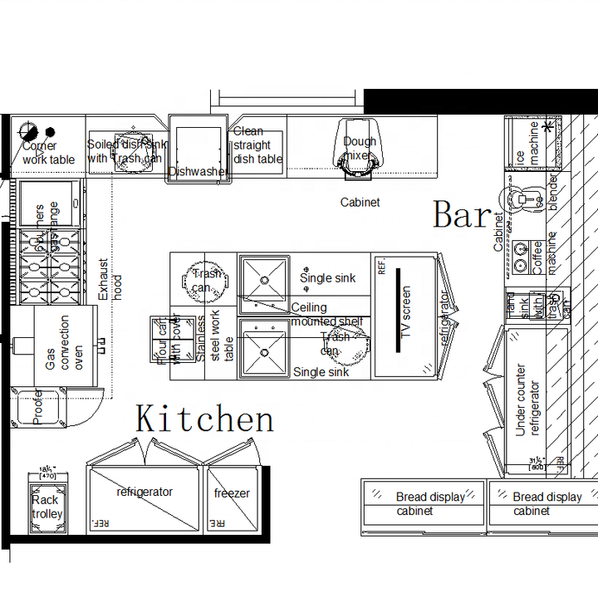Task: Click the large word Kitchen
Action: tap(204, 419)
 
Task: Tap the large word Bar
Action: tap(462, 215)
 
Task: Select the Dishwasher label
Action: tap(198, 172)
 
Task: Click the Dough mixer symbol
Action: tap(359, 149)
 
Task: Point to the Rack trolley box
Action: tap(47, 506)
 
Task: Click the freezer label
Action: tap(232, 493)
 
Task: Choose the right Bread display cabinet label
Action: tap(542, 504)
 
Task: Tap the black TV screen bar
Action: tap(398, 309)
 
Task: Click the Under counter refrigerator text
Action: tap(527, 400)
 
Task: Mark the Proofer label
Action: tap(37, 407)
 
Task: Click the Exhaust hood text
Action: tap(110, 280)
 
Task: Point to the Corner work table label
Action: tap(48, 153)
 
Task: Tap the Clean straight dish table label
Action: tap(257, 145)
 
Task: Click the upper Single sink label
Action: tap(327, 278)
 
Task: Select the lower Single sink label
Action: tap(321, 372)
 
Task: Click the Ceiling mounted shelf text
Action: tap(326, 315)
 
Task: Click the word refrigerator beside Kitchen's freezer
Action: tap(145, 492)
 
